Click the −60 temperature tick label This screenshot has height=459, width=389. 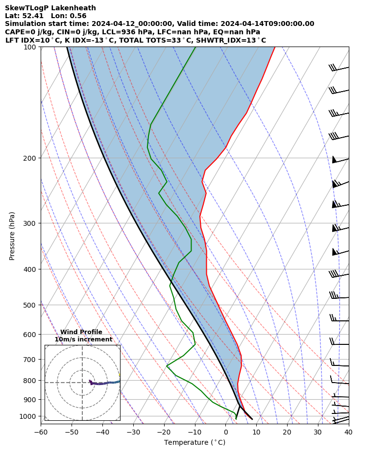pos(41,432)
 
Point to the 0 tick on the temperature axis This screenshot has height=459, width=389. pos(226,432)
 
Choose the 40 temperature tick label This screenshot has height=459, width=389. pos(348,432)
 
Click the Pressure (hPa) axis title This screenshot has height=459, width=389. pos(12,236)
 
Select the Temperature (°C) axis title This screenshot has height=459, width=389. pos(194,443)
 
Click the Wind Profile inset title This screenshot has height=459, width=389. pos(81,332)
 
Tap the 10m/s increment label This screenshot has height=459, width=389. pos(83,339)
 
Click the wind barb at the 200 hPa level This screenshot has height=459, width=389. pos(340,160)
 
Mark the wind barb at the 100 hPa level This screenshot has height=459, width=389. pos(339,69)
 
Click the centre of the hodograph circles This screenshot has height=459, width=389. pos(82,383)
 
